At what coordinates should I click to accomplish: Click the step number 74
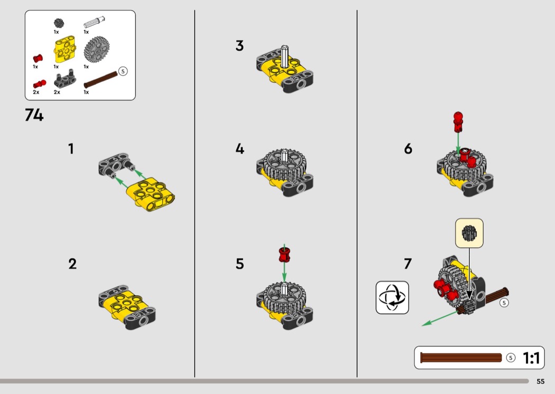click(34, 115)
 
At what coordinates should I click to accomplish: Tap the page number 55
click(540, 381)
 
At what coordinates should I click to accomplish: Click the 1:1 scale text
click(531, 358)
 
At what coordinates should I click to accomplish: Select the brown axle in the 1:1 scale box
click(461, 358)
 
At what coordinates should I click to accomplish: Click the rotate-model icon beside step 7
click(392, 297)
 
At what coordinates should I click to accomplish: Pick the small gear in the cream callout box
click(469, 233)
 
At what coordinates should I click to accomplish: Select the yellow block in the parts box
click(65, 50)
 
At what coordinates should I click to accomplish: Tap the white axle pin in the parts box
click(94, 22)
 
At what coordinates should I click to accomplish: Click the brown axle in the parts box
click(100, 80)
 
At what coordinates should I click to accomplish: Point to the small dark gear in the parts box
click(59, 23)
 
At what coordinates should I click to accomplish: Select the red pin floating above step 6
click(458, 122)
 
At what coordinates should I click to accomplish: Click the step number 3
click(239, 45)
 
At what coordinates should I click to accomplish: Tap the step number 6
click(408, 148)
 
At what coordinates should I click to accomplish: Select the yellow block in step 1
click(151, 194)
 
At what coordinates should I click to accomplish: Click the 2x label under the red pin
click(36, 92)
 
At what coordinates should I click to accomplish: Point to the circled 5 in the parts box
click(123, 71)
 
